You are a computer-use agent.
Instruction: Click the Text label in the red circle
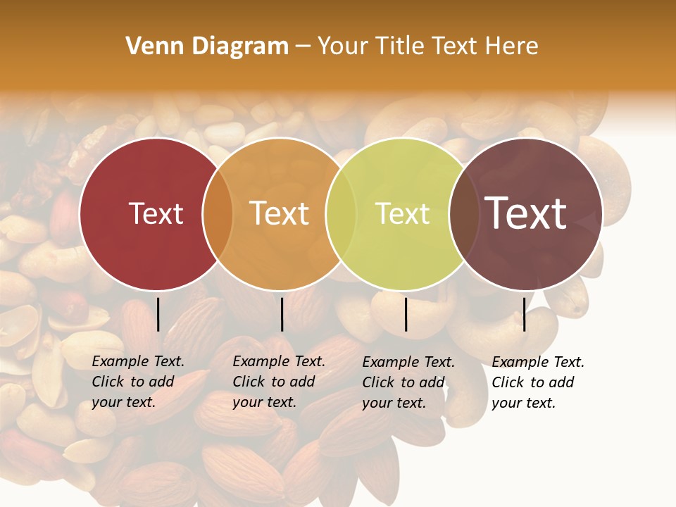156,213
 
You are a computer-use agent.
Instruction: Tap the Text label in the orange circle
280,213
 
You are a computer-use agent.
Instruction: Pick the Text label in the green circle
403,213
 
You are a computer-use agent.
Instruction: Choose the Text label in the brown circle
526,213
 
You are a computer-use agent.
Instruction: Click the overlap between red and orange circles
218,214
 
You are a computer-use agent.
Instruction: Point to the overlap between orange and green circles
342,214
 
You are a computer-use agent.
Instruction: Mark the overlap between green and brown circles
464,214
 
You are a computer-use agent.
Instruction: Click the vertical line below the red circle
158,314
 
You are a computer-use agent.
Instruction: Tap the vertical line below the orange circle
282,314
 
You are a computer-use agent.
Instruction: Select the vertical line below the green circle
406,314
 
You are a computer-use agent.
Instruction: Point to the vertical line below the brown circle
524,314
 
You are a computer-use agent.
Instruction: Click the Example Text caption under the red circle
138,382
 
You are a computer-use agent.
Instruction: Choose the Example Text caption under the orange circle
279,382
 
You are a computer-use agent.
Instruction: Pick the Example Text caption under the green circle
408,382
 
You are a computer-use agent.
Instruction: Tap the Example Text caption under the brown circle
538,382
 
